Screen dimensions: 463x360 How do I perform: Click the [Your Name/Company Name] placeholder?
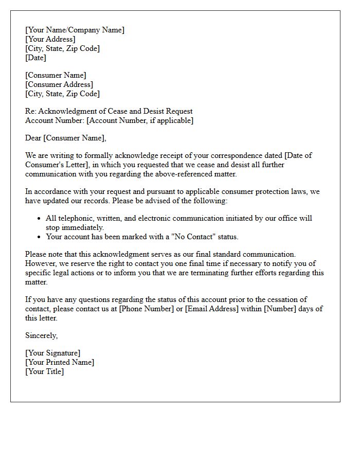(75, 30)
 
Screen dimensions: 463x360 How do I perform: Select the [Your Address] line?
(50, 39)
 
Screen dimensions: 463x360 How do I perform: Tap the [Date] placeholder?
(35, 58)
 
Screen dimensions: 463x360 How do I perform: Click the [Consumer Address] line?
(59, 84)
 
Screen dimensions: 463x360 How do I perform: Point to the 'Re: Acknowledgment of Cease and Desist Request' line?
(109, 111)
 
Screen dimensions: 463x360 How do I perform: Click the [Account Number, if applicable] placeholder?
(140, 120)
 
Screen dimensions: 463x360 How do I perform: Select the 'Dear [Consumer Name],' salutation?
(65, 138)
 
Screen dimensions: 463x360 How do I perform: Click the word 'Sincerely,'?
(42, 335)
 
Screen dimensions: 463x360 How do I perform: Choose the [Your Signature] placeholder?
(52, 353)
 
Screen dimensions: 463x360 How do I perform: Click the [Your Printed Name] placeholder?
(59, 362)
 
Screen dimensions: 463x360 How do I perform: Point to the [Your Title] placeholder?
(44, 371)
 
